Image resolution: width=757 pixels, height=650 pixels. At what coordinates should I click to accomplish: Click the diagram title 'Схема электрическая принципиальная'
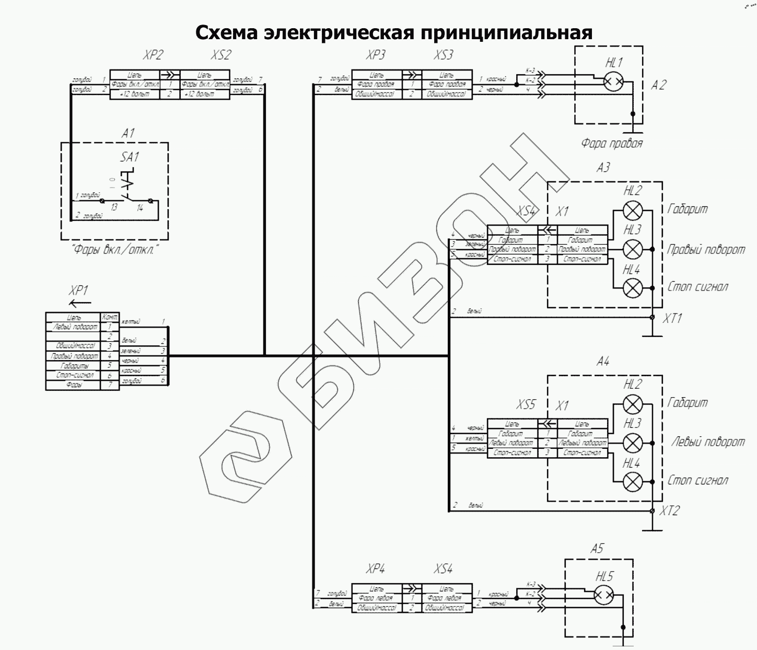point(394,32)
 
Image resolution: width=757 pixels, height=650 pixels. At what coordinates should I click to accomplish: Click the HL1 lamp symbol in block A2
point(613,82)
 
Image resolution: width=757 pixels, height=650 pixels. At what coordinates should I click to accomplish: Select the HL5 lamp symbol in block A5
point(604,594)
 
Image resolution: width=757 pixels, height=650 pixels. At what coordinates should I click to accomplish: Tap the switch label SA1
point(130,157)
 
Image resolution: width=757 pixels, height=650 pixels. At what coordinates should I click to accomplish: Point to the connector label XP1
point(78,291)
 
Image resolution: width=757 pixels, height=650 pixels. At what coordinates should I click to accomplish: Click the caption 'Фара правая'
point(612,143)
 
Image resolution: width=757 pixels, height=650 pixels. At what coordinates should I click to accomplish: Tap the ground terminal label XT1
point(672,318)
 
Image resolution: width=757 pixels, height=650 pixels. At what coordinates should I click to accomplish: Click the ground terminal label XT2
point(669,510)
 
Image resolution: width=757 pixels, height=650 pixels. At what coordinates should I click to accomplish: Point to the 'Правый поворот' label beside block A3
point(706,249)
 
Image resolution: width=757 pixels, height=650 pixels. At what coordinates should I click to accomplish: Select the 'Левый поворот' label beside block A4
point(708,442)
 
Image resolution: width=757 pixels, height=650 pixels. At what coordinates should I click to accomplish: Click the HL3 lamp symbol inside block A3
point(633,249)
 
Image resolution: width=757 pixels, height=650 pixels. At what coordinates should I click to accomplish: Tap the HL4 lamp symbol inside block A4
point(633,481)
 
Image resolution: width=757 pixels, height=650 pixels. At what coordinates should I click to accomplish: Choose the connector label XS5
point(526,404)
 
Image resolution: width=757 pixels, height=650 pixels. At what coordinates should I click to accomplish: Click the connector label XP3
point(376,54)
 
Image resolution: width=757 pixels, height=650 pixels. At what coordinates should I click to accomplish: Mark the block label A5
point(597,549)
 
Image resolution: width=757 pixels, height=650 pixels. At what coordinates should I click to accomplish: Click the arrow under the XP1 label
point(80,303)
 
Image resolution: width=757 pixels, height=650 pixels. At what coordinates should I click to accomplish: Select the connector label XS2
point(221,54)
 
